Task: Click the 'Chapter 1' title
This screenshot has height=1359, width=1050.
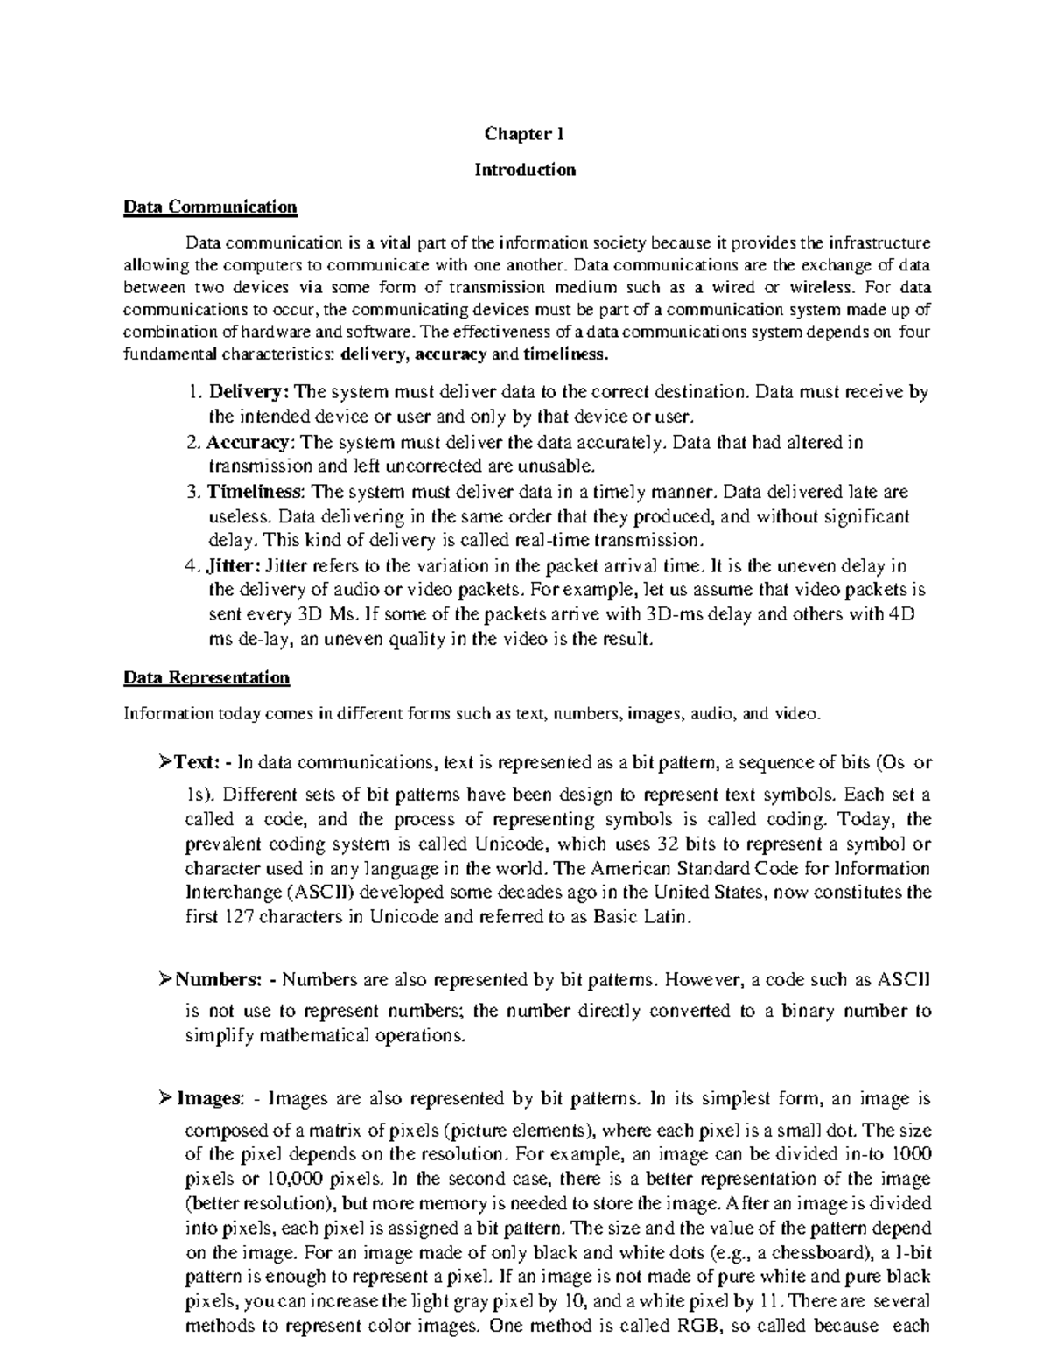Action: pos(525,134)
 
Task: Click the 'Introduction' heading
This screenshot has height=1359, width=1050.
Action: pos(525,170)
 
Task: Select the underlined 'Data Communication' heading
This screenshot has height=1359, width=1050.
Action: pos(210,207)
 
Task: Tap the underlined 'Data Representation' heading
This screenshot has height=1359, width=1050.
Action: pos(206,677)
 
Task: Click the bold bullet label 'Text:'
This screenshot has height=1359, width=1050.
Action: pos(195,762)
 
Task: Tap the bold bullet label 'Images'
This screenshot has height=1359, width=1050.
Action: pos(207,1098)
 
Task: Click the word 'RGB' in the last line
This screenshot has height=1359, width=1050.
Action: pos(697,1326)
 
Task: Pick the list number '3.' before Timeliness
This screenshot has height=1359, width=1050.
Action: pos(194,491)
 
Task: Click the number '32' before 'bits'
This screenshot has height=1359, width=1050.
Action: pos(665,844)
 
